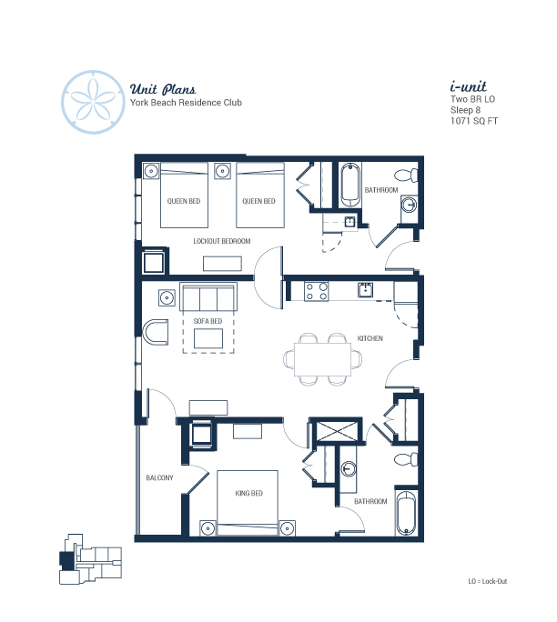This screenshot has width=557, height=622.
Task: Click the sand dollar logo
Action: [x=94, y=102]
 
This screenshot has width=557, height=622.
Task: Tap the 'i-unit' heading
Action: [x=469, y=86]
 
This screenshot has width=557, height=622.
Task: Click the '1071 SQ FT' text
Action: [x=474, y=121]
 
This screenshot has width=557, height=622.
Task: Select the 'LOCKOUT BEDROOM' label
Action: [x=222, y=241]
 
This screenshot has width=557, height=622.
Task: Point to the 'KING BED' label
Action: [x=249, y=493]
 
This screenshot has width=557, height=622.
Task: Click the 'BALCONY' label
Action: [x=159, y=477]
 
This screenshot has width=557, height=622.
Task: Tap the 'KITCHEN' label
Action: [x=370, y=338]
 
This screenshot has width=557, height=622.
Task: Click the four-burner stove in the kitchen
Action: [x=316, y=292]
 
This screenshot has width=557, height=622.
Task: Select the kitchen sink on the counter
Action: [x=365, y=290]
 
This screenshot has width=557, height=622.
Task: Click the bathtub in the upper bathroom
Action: [x=350, y=185]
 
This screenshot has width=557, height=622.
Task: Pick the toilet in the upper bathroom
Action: [x=406, y=175]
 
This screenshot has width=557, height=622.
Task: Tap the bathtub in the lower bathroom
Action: [x=406, y=513]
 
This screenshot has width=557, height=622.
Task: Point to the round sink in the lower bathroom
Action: [x=349, y=468]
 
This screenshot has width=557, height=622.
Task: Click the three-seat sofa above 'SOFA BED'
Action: [x=208, y=296]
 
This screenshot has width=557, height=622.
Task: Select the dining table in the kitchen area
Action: [x=323, y=359]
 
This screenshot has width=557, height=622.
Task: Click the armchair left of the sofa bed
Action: [x=156, y=332]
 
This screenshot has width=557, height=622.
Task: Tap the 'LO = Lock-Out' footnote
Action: [x=488, y=581]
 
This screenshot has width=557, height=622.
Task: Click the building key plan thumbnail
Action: [x=90, y=559]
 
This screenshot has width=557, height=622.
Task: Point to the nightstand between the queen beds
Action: [x=223, y=171]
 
